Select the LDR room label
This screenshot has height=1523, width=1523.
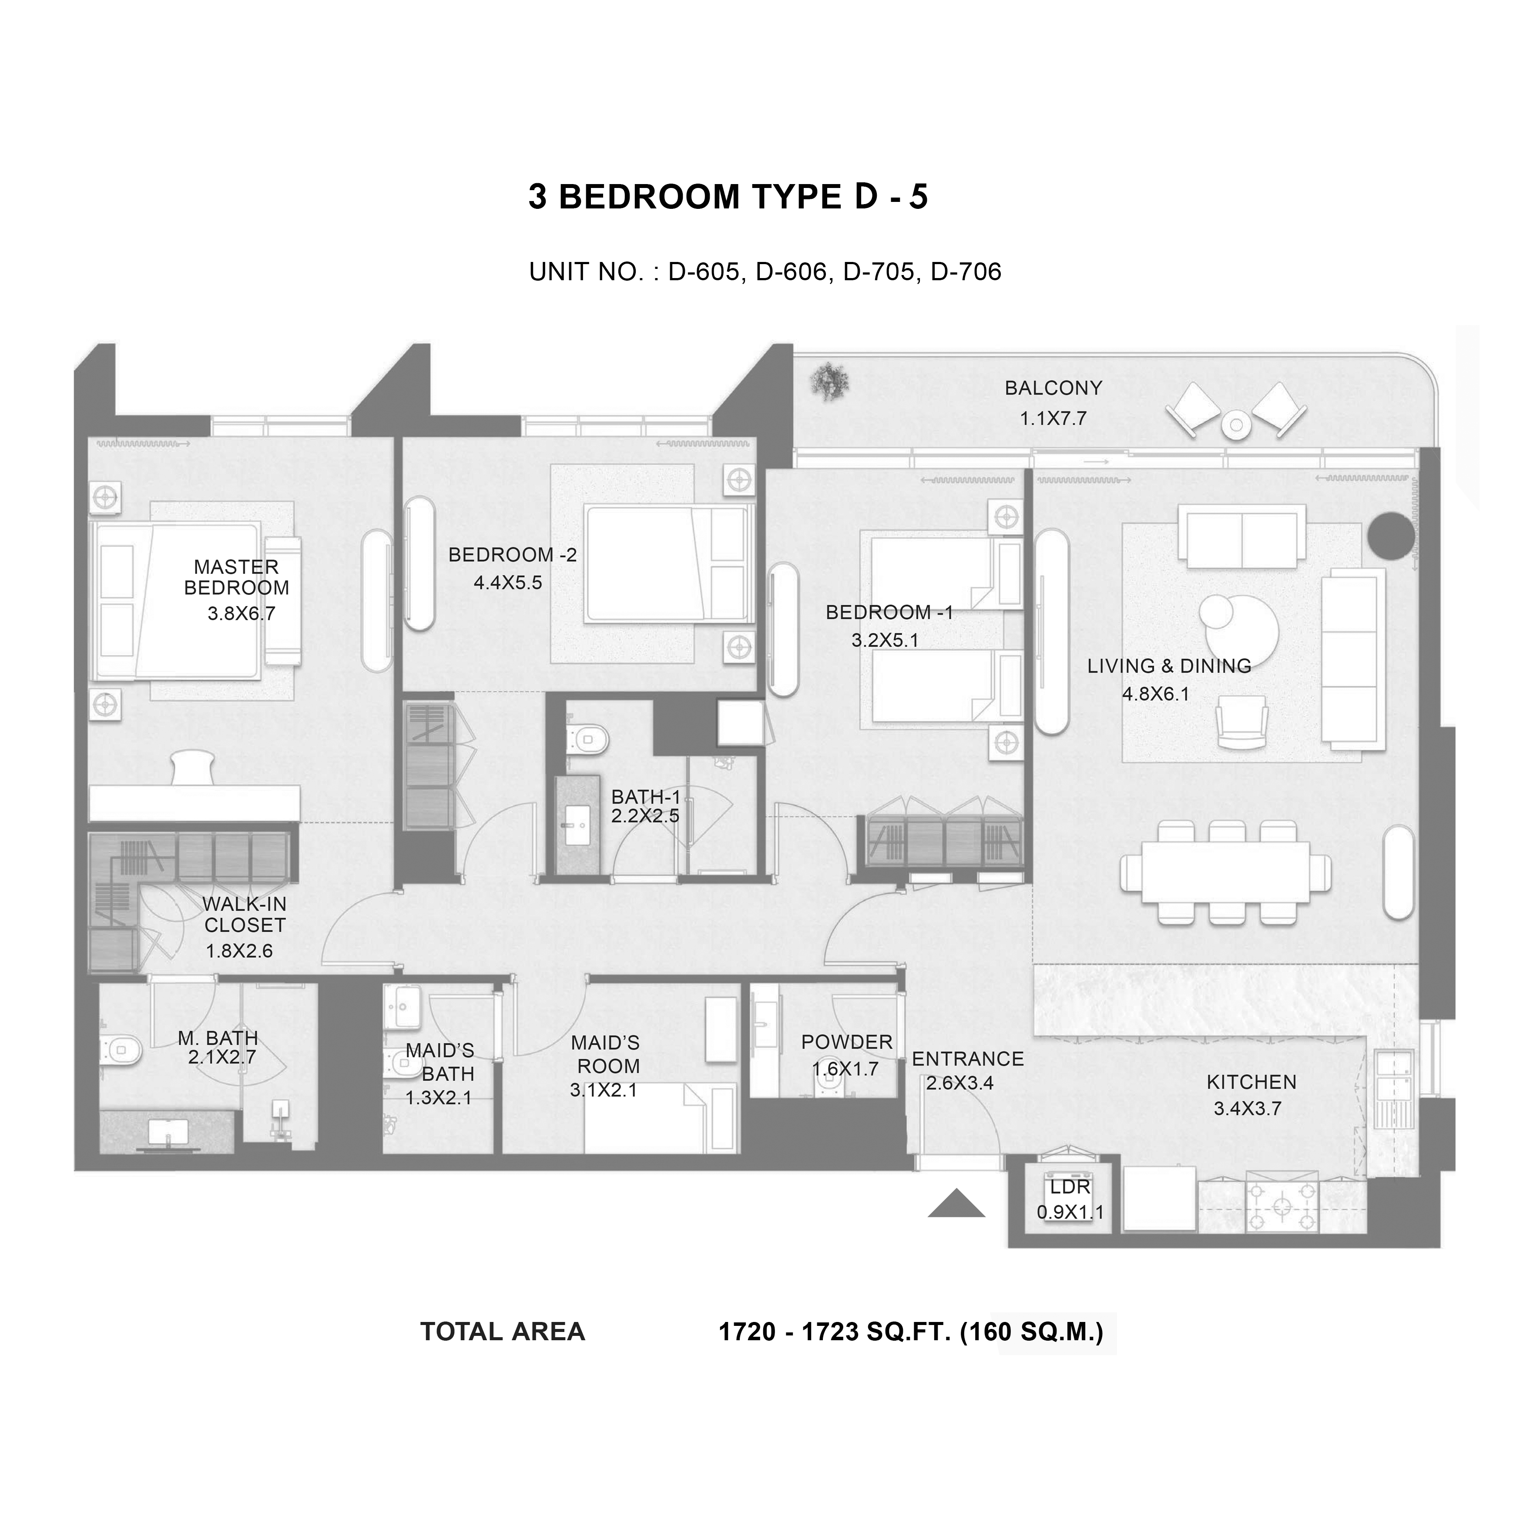click(x=1070, y=1187)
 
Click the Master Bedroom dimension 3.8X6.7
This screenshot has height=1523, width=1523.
click(x=241, y=613)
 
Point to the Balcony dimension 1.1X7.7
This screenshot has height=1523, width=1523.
click(x=1053, y=419)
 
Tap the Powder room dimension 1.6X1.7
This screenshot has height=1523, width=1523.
click(x=845, y=1069)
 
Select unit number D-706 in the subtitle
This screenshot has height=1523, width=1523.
click(x=966, y=272)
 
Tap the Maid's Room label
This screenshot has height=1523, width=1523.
click(x=605, y=1055)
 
